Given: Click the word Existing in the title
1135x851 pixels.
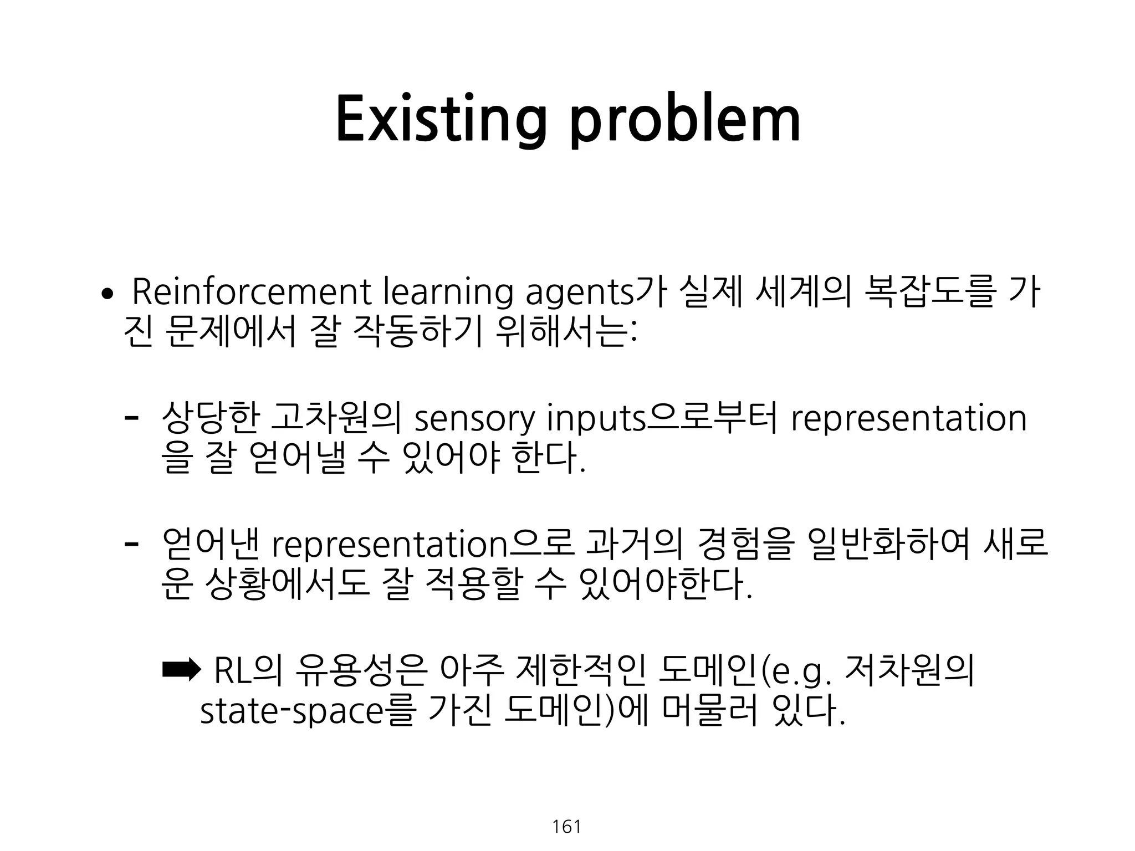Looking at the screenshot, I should (x=441, y=120).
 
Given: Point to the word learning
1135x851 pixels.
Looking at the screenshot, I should (x=448, y=294).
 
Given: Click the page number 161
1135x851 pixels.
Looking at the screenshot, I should (x=566, y=827).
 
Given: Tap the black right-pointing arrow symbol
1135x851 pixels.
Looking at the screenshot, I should (x=180, y=670).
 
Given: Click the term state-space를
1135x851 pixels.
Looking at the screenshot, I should (x=307, y=712).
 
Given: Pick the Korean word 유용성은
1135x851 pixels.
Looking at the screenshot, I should (x=361, y=671).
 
